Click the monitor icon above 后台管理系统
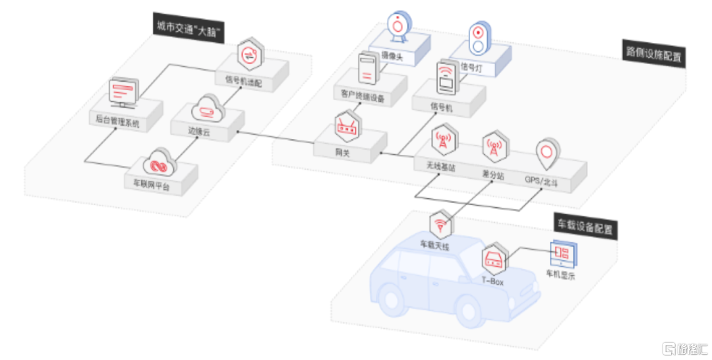pos(125,93)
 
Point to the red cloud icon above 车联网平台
pos(158,162)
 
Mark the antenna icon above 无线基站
pos(442,140)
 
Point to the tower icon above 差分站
pos(494,147)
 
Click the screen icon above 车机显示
pos(562,254)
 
